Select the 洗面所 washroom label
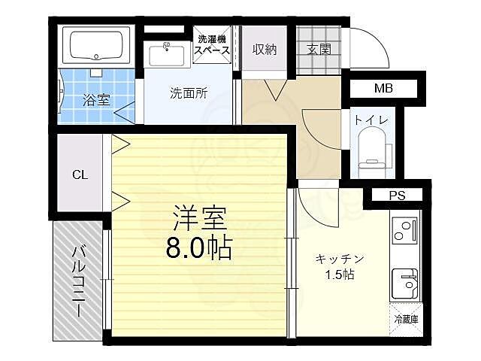(189, 94)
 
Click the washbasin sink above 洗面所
(165, 54)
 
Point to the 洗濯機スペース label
(213, 45)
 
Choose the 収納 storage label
(264, 50)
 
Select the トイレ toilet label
(372, 120)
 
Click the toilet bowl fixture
(372, 150)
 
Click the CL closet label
(80, 174)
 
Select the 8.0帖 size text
(198, 247)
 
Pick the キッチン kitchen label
(340, 258)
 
